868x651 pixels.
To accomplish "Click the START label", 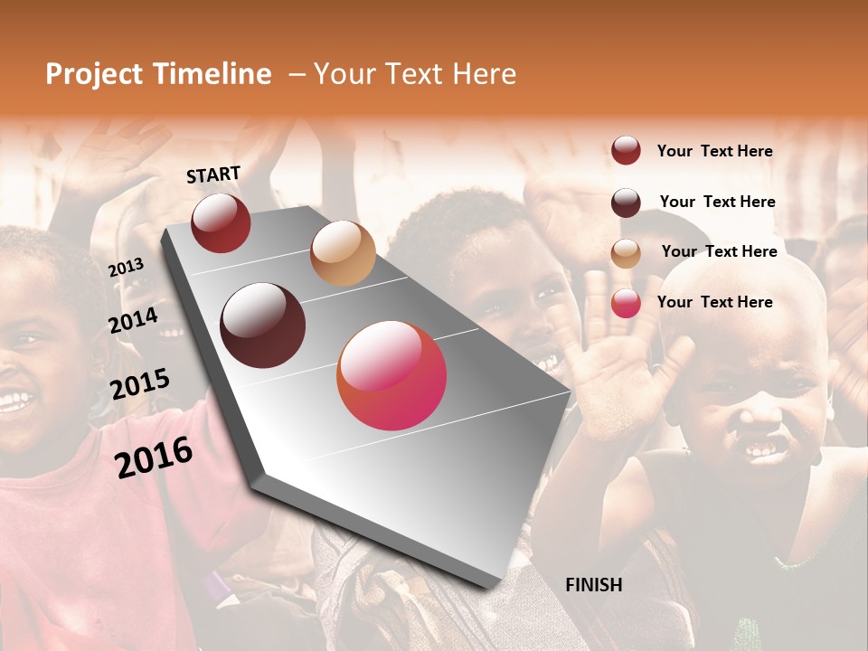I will [x=213, y=175].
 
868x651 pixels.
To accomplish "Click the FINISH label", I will [x=593, y=585].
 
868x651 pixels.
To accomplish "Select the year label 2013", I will [x=126, y=268].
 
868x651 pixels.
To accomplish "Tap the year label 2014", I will [x=133, y=320].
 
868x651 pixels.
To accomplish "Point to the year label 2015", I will [x=139, y=384].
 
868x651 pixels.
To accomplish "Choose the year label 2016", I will [x=154, y=458].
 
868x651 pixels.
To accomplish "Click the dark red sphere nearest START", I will [x=221, y=222].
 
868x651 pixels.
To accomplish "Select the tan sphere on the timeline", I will [x=343, y=253].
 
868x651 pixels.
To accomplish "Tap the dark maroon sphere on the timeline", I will [x=263, y=325].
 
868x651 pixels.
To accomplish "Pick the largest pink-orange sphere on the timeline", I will [x=392, y=375].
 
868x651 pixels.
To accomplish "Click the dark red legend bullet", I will [x=626, y=150].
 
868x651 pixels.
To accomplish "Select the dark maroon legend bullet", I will [x=626, y=202].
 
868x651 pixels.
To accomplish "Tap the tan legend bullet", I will [x=626, y=252].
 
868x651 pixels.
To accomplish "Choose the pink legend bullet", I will [x=626, y=303].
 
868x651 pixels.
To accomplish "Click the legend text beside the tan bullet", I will [x=719, y=251].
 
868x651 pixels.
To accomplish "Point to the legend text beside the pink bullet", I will [x=714, y=302].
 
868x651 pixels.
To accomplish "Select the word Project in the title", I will [x=94, y=74].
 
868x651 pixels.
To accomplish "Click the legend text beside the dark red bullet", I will [x=714, y=151].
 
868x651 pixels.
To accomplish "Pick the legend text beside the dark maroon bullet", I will [x=717, y=202].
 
